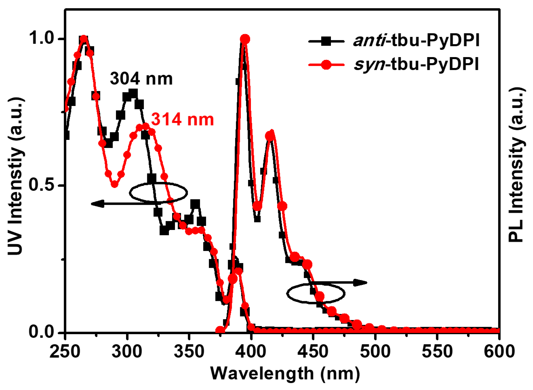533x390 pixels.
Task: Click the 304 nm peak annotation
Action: click(x=141, y=79)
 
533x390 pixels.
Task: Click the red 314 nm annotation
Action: click(x=182, y=119)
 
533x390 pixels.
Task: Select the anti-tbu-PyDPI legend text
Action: click(x=416, y=40)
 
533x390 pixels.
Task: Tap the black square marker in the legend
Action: click(x=326, y=41)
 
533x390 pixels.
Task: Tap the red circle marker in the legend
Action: click(x=326, y=65)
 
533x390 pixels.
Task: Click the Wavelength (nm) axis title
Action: click(x=285, y=373)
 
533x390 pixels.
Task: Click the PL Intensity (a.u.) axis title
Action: click(x=516, y=165)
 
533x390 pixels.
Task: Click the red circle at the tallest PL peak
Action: click(x=245, y=39)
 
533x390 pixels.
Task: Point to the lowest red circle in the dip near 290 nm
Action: click(x=115, y=184)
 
